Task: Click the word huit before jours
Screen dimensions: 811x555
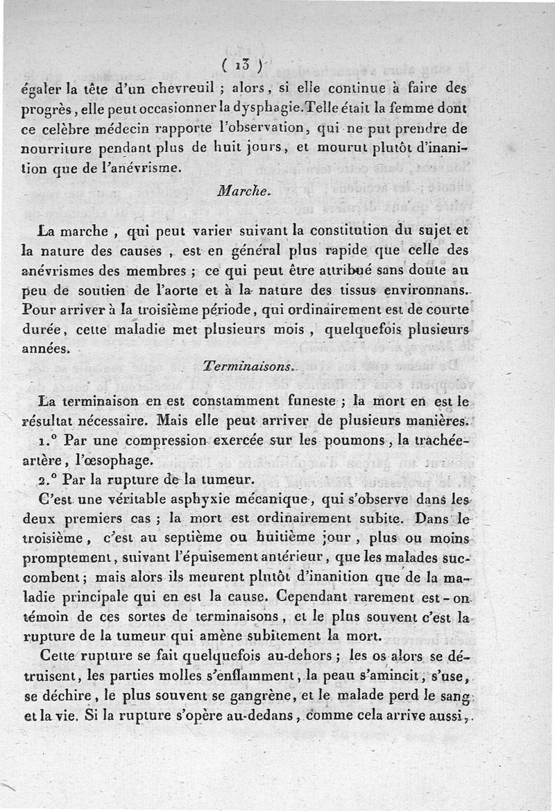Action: pyautogui.click(x=248, y=147)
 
